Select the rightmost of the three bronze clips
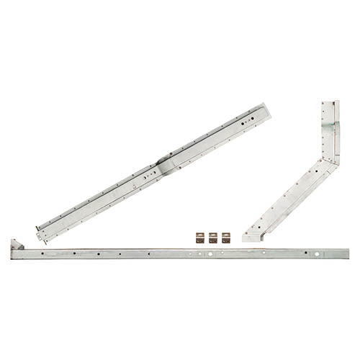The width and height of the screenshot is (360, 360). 225,237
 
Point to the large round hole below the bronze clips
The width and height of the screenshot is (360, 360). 214,254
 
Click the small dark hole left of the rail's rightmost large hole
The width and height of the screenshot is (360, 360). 303,254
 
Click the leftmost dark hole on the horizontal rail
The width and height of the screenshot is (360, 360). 43,254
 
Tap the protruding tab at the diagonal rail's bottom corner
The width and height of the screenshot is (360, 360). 36,233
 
